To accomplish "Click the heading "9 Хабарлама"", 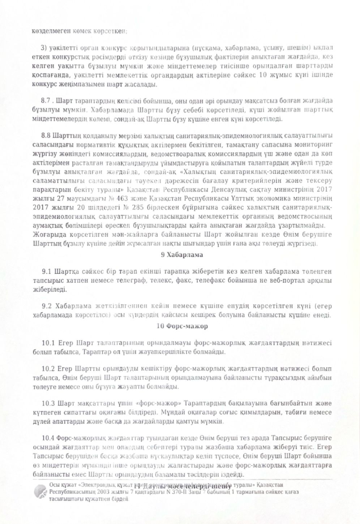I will (x=182, y=255).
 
